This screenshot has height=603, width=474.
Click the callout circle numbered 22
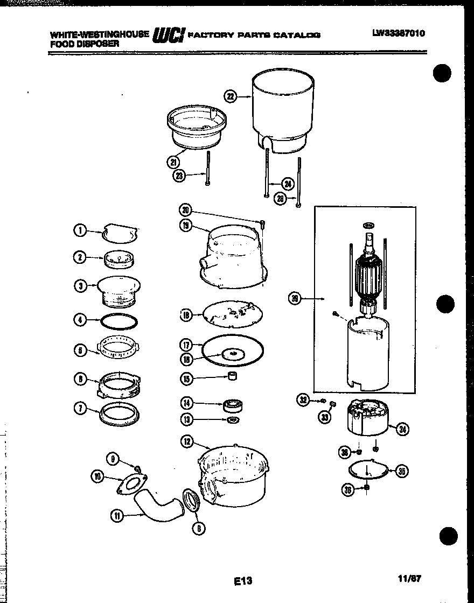coord(231,97)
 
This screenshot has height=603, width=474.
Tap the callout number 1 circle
coord(80,231)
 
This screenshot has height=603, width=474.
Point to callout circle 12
coord(187,443)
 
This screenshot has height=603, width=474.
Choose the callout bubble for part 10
coord(97,476)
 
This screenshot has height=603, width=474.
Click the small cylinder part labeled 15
coord(233,376)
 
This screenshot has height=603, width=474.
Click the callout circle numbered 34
coord(402,429)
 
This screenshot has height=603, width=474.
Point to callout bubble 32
coord(303,399)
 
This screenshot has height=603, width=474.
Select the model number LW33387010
coord(398,33)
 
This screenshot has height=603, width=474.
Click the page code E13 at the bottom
coord(243,581)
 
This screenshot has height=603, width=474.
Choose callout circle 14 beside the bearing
coord(186,403)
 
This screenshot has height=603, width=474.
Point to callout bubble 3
coord(81,286)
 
